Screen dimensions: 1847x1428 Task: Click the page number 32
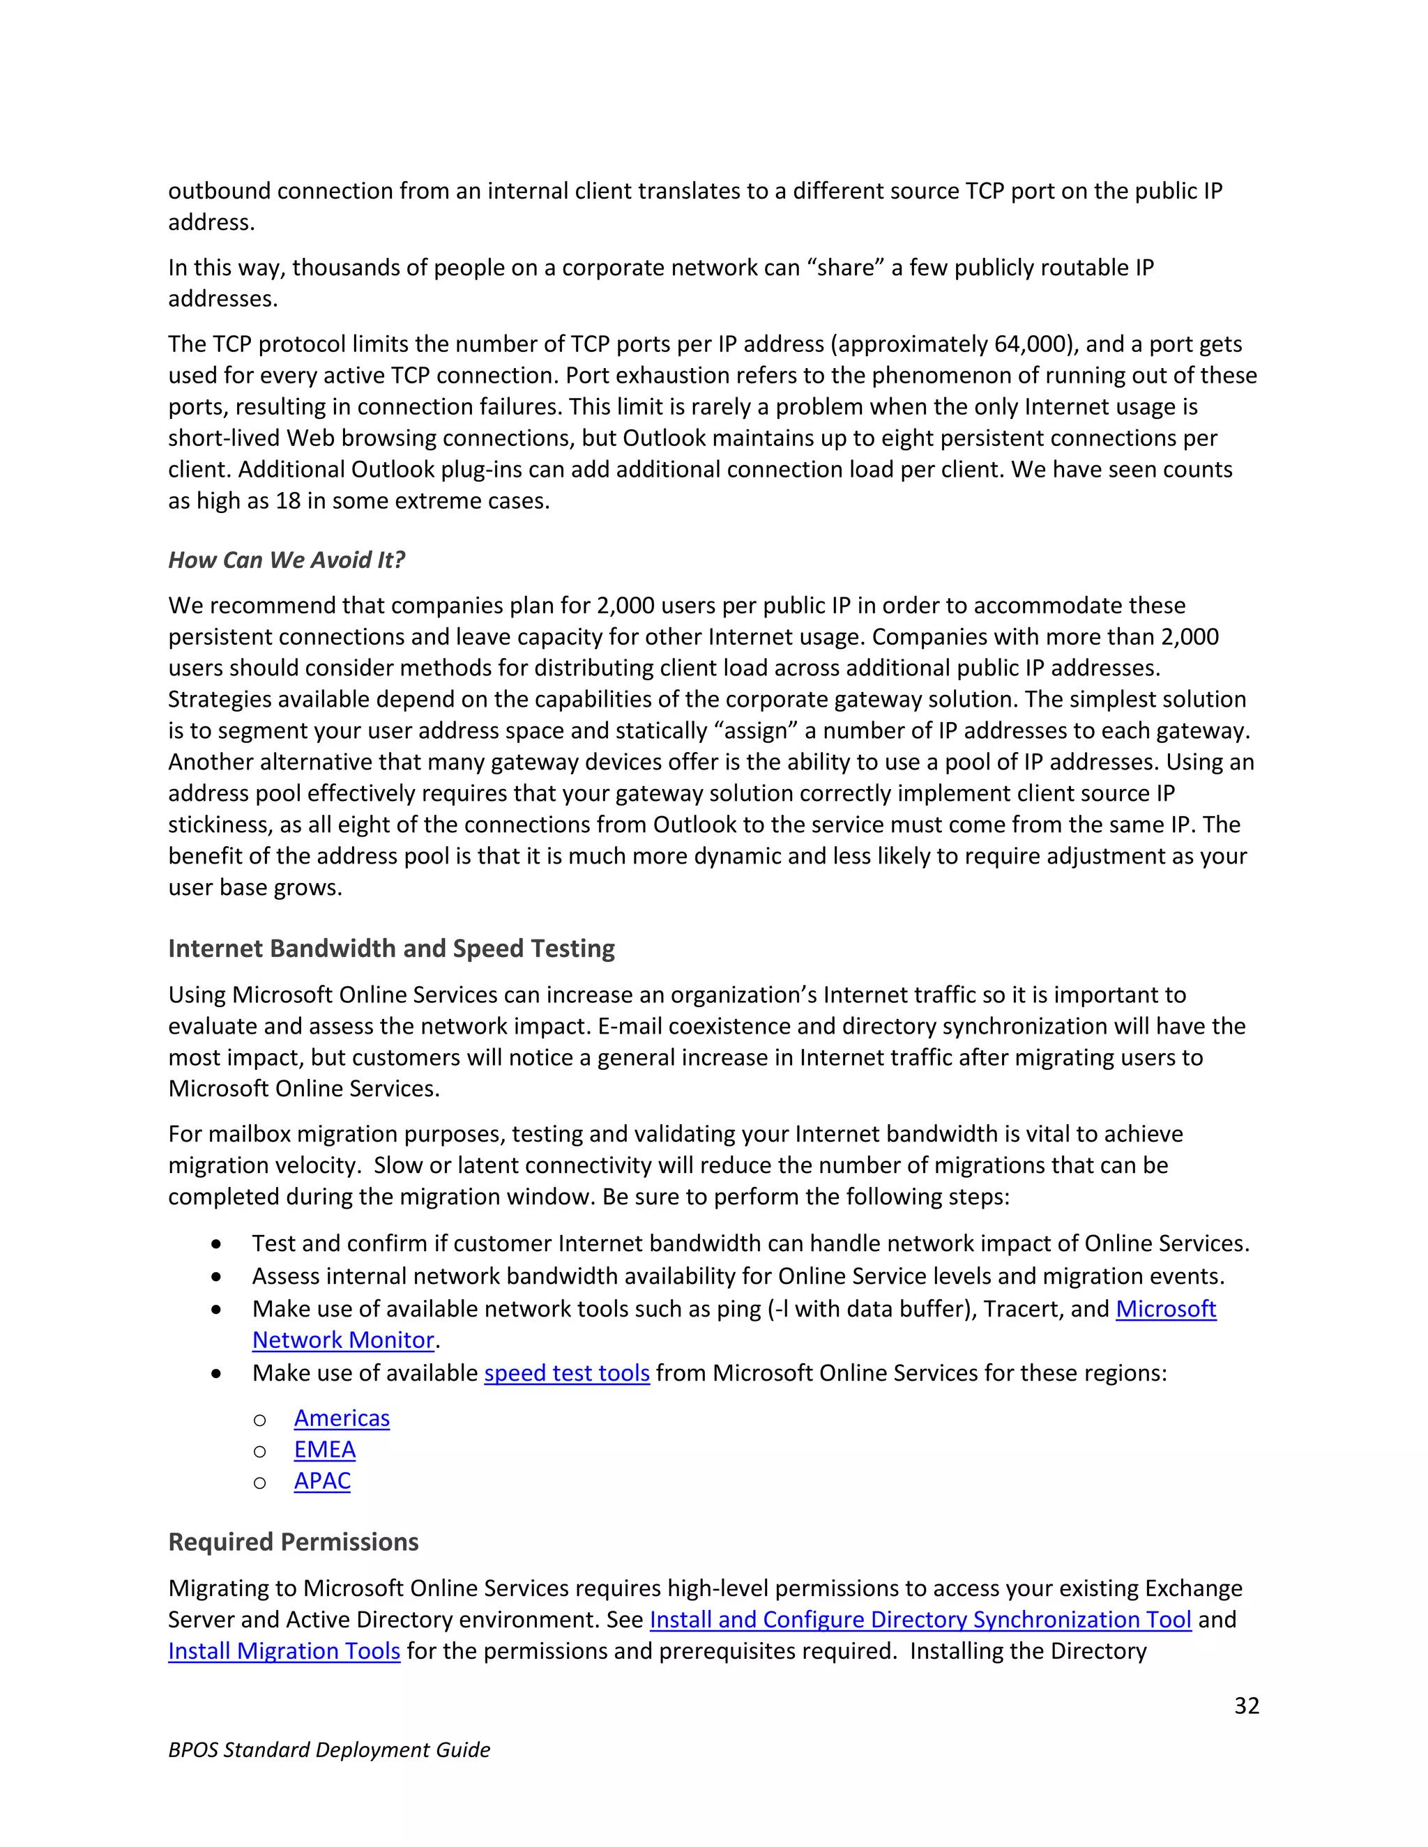(x=1246, y=1705)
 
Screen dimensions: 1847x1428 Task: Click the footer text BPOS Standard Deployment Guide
(x=329, y=1749)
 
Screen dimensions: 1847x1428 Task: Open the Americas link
(x=342, y=1418)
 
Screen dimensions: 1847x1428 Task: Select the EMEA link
(x=325, y=1450)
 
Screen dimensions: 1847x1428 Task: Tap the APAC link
(x=322, y=1481)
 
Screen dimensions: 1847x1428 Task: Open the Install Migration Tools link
(x=284, y=1650)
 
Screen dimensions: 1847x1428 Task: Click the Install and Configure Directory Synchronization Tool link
(x=920, y=1620)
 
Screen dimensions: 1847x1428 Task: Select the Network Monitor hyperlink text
(x=344, y=1340)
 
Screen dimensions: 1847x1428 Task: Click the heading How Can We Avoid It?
(x=287, y=560)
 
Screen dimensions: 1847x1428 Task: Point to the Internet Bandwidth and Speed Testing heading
(x=391, y=949)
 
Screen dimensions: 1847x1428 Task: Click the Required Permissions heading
(x=294, y=1542)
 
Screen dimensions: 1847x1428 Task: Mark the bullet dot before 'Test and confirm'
(x=218, y=1244)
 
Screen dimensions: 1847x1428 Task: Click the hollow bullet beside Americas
(x=259, y=1420)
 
